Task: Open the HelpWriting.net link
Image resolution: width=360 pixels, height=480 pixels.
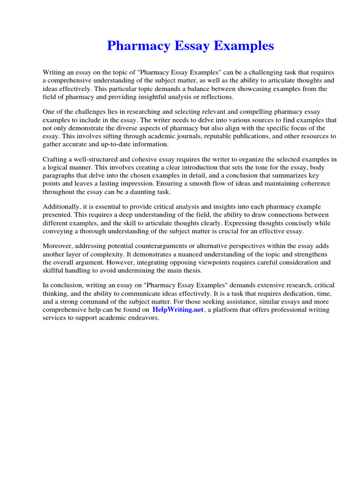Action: click(178, 310)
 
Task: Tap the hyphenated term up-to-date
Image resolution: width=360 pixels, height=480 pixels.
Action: click(103, 144)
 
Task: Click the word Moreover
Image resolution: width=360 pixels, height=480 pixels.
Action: click(59, 246)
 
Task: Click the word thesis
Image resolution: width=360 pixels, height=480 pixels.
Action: click(192, 270)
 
